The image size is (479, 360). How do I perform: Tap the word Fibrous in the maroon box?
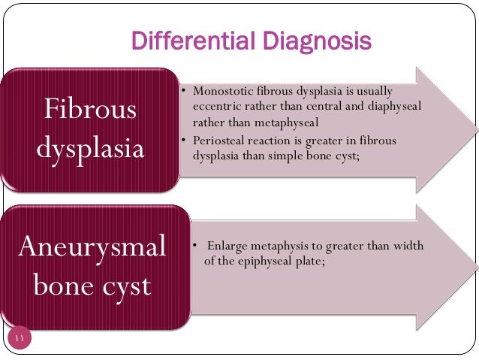click(x=90, y=110)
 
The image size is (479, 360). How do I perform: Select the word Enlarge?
click(x=227, y=246)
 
